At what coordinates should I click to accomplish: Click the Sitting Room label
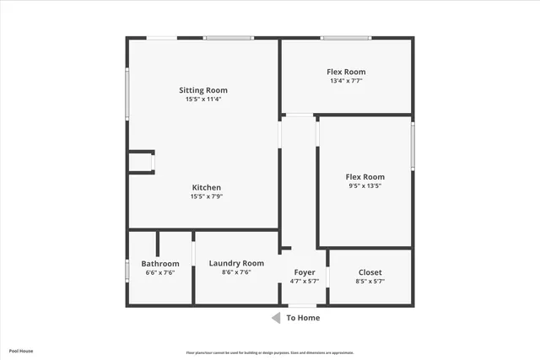203,90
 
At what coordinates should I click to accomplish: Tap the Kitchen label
207,187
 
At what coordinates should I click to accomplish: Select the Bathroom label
160,264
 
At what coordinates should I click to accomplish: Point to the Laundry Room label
236,263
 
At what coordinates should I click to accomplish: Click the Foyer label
305,272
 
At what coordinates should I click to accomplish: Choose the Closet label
370,272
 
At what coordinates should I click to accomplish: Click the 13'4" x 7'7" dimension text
346,82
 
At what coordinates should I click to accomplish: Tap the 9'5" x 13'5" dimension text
365,185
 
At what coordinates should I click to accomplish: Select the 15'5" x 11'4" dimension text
203,99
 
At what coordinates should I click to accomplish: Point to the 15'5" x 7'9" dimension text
207,196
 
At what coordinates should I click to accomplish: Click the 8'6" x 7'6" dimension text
236,272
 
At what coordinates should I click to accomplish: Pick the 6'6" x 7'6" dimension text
160,273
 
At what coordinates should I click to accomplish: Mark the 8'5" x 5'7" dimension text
370,282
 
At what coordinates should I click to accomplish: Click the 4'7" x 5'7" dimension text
305,282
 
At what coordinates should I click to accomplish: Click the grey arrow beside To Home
275,318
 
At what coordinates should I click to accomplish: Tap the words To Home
303,318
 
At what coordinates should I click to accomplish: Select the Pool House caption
21,351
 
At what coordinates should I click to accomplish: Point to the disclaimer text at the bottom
270,352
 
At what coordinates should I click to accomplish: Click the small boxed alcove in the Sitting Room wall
141,161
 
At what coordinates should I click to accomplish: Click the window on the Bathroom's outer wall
127,270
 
